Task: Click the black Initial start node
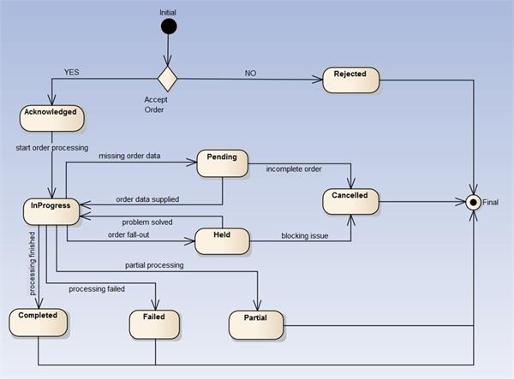(169, 27)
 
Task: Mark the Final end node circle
(471, 203)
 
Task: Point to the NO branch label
(251, 74)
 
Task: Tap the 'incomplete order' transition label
(293, 169)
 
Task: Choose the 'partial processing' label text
(154, 265)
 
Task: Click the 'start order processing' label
(52, 148)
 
